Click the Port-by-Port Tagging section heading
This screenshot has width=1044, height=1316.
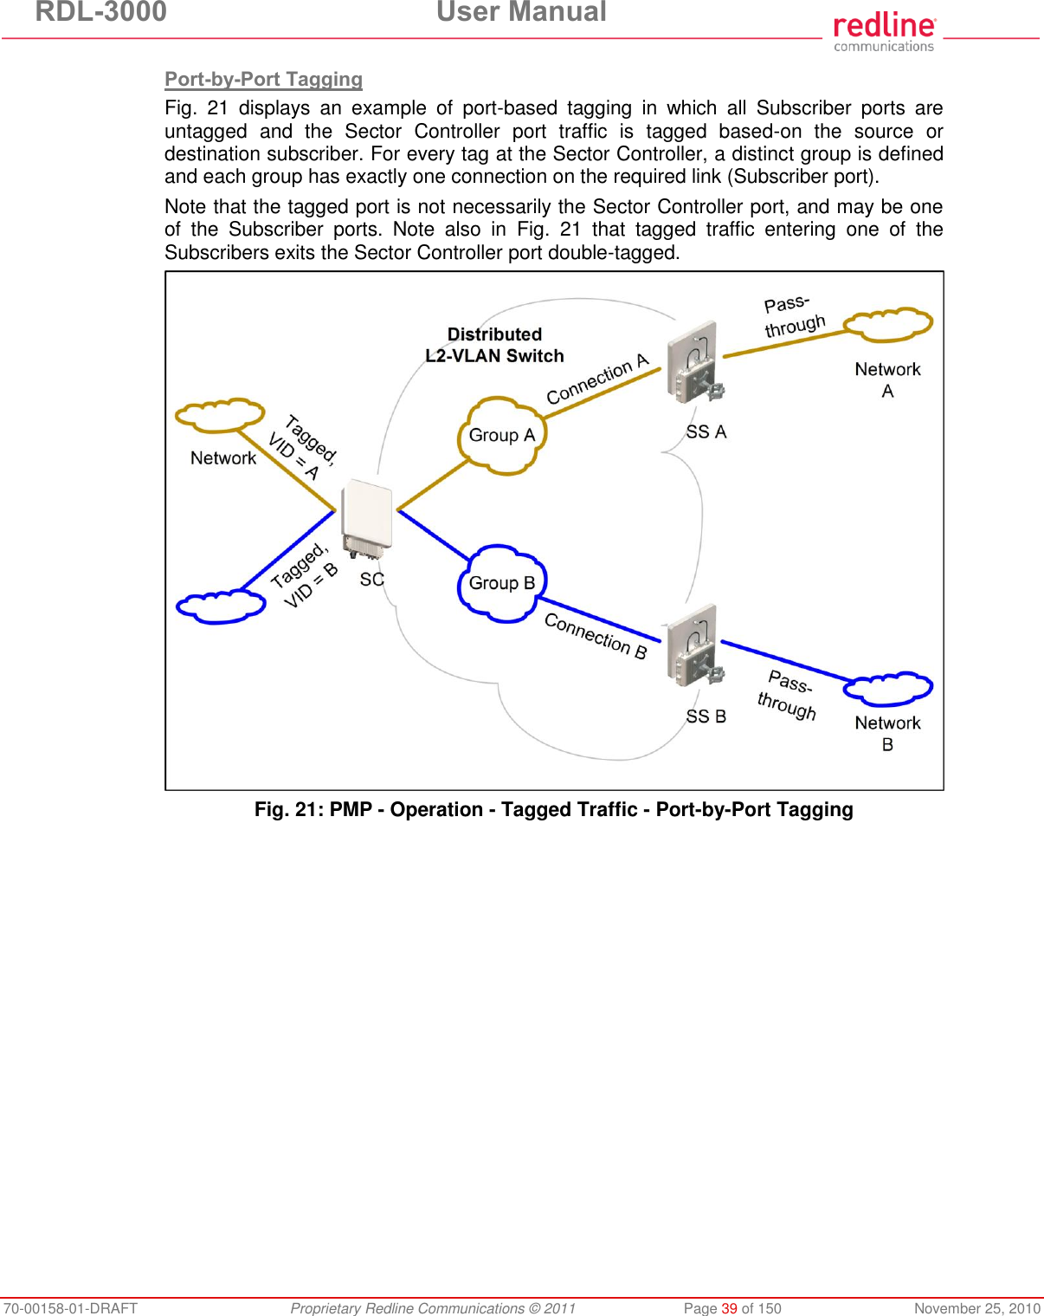[x=263, y=79]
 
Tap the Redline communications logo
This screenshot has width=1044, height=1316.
[x=884, y=31]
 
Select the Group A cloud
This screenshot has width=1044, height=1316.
[x=501, y=436]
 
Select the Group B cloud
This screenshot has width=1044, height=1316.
[x=501, y=583]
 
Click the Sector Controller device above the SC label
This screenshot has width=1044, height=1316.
[x=367, y=520]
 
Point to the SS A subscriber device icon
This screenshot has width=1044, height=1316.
[x=695, y=364]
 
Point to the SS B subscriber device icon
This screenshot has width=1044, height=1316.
[x=695, y=646]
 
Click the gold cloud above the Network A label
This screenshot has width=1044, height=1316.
[x=888, y=325]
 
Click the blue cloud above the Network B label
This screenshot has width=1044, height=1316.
[x=888, y=689]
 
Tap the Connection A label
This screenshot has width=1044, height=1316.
[x=597, y=379]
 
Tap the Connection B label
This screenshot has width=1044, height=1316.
[x=596, y=637]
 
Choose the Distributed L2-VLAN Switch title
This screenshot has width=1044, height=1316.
[x=494, y=345]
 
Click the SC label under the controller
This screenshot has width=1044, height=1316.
[x=371, y=580]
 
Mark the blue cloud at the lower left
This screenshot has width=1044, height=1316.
[x=221, y=606]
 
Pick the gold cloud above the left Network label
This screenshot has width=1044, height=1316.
[x=220, y=416]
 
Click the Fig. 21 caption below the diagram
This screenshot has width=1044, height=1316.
[x=553, y=809]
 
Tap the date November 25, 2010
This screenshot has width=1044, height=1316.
[x=976, y=1308]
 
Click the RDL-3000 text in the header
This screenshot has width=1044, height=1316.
[x=100, y=12]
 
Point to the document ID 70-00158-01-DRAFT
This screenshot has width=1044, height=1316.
[x=69, y=1308]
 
